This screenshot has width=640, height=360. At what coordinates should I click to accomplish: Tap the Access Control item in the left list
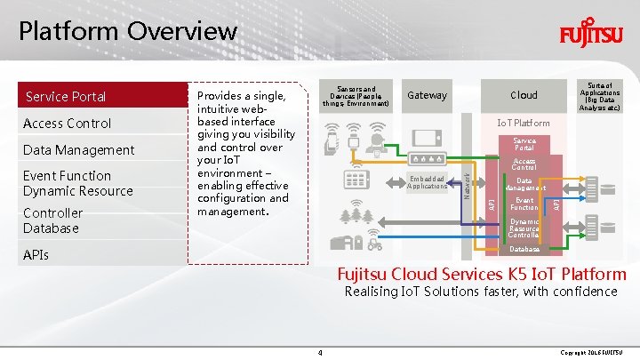pos(68,123)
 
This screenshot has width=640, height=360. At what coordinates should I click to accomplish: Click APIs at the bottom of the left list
pos(37,255)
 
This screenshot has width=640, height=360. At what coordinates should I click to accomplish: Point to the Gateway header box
pos(427,95)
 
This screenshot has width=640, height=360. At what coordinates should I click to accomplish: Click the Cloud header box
pos(524,95)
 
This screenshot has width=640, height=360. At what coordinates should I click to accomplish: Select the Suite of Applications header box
pos(600,96)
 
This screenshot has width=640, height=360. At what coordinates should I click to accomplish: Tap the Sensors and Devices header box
pos(356,96)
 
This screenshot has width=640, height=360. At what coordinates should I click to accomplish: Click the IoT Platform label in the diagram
pos(524,123)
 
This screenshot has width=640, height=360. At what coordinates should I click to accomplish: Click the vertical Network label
pos(468,179)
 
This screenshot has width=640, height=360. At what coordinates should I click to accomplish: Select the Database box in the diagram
pos(524,250)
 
